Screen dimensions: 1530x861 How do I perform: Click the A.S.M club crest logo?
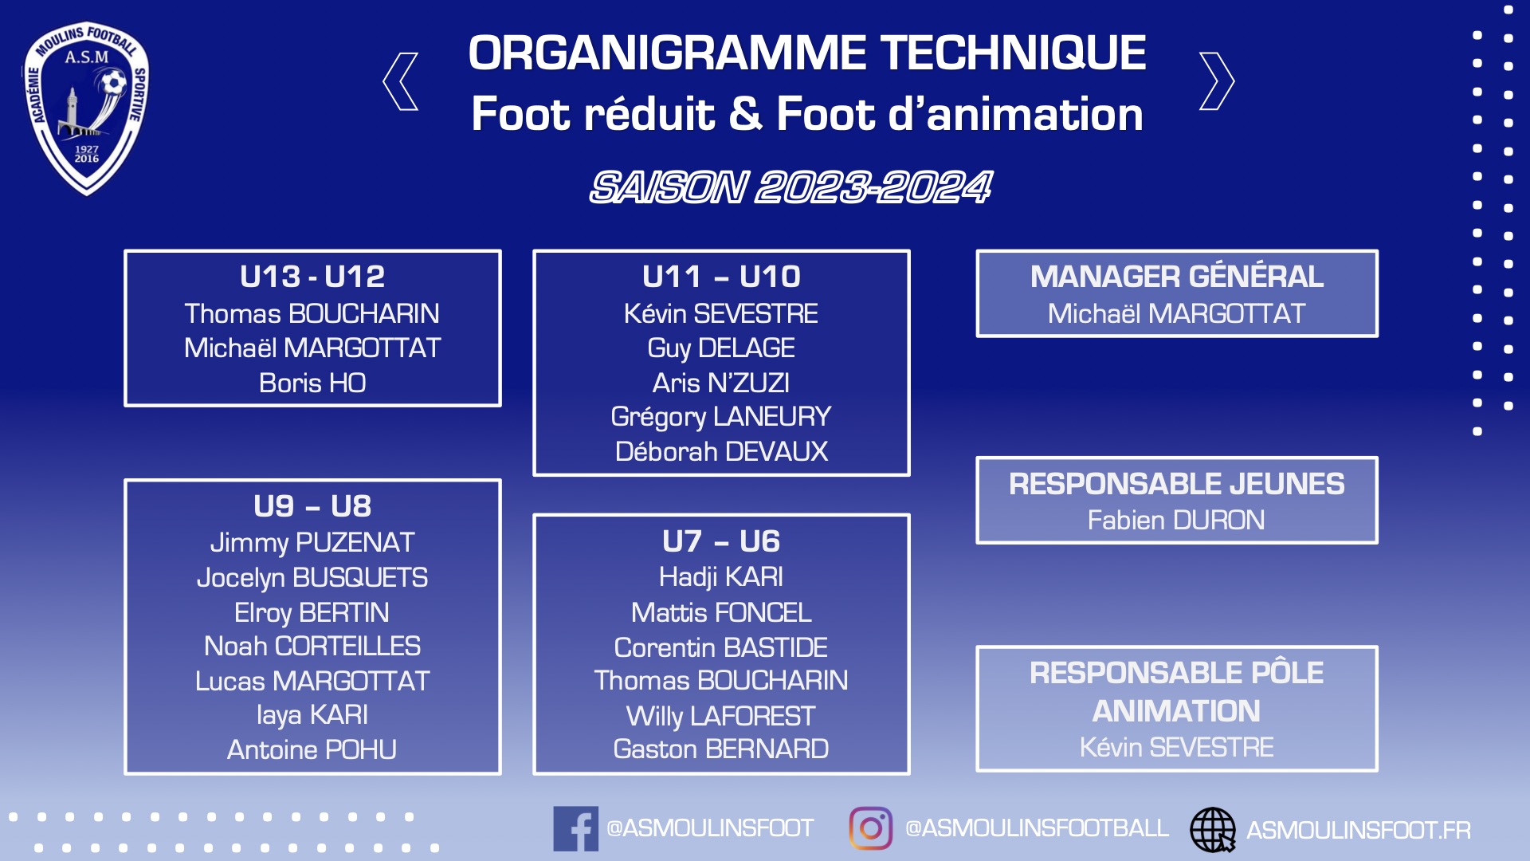pos(86,108)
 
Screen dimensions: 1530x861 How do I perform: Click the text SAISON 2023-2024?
pos(790,187)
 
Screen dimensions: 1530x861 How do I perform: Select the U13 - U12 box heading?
pos(312,277)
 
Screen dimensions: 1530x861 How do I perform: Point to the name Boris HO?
pos(312,383)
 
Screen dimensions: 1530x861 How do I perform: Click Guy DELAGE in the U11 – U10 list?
pos(721,348)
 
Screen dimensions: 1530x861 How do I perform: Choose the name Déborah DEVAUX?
pos(721,452)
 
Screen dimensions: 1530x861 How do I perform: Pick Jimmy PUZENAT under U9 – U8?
pos(312,543)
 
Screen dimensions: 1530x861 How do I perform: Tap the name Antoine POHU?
pos(312,750)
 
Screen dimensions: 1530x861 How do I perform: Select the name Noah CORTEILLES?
pos(312,647)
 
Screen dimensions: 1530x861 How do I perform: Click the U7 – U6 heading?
pos(721,541)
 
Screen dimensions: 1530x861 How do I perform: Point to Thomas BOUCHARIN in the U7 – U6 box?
pos(721,681)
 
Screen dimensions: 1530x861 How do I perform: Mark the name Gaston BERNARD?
pos(721,749)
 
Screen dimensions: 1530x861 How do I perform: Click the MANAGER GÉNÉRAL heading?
pos(1177,277)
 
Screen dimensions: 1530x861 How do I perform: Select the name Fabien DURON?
pos(1177,521)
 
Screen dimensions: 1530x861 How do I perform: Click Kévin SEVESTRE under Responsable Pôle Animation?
pos(1177,748)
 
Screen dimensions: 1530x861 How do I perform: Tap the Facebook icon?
pos(575,829)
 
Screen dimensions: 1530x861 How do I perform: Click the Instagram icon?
pos(871,828)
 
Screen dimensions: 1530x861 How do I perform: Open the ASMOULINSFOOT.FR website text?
pos(1359,831)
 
